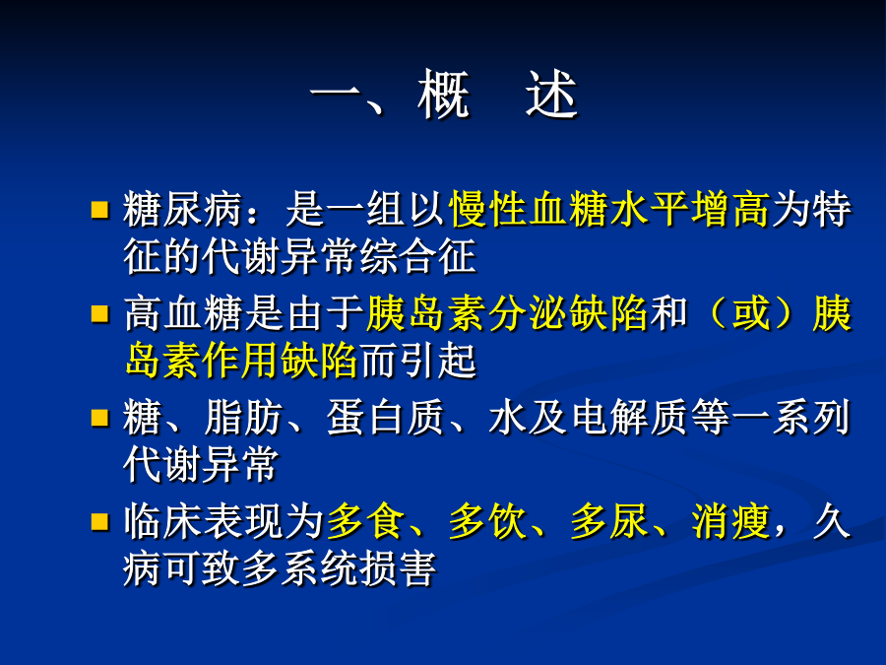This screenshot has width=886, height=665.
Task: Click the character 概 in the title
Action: [444, 94]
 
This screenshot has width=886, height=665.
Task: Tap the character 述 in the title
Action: [551, 94]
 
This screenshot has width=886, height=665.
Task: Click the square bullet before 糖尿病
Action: [99, 210]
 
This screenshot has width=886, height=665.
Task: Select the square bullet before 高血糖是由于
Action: [99, 314]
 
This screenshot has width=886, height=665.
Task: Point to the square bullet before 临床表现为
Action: [99, 521]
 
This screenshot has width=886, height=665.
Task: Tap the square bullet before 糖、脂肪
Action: [99, 418]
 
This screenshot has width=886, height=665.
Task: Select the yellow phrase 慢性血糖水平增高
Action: [609, 209]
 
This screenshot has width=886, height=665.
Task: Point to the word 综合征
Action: [417, 256]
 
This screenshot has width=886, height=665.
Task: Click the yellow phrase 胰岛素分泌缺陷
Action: [507, 313]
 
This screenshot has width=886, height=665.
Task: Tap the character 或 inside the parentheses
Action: [750, 313]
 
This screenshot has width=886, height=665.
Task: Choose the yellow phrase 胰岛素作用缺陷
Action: [241, 361]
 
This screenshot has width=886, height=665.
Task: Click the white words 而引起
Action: [417, 361]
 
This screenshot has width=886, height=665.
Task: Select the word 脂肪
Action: [243, 418]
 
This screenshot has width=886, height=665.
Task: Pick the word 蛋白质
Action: [385, 418]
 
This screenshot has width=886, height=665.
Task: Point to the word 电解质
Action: [629, 418]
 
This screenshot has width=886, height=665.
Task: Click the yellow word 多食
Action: [365, 521]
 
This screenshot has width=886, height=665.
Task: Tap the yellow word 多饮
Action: [487, 521]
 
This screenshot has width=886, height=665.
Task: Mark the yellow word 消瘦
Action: [730, 521]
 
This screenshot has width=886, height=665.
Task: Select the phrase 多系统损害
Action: [339, 567]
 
